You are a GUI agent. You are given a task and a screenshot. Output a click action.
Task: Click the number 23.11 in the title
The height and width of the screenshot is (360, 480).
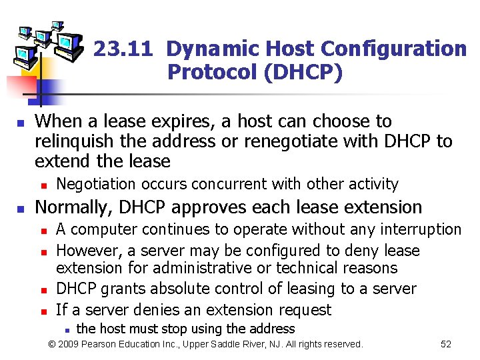click(x=124, y=49)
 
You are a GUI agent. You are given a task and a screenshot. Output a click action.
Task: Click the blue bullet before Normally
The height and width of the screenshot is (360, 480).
click(x=21, y=209)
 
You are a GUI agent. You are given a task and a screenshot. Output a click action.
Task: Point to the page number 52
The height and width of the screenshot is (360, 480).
click(x=446, y=344)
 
